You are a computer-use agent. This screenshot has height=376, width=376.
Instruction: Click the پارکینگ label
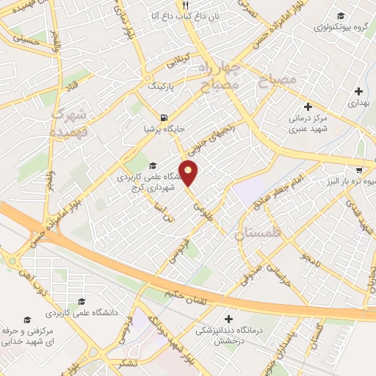[163, 86]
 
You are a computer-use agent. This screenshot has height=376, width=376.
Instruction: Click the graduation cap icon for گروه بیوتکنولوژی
[340, 16]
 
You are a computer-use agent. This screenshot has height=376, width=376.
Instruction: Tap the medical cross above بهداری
[358, 92]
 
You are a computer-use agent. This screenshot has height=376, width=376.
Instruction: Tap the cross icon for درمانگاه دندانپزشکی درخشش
[229, 319]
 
